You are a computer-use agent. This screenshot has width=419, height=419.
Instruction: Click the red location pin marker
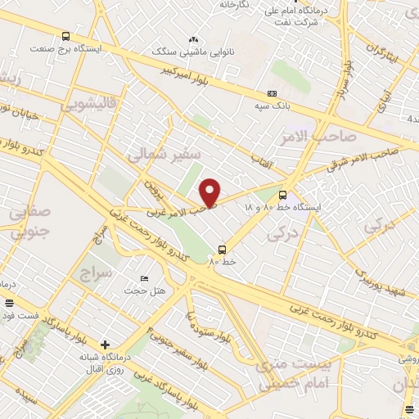coord(210,192)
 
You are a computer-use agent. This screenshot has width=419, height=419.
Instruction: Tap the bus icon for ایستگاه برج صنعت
coord(66,35)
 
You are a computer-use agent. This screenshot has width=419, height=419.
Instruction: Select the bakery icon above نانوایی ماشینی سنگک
coord(194,38)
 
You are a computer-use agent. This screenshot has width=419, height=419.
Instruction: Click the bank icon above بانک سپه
coord(273,93)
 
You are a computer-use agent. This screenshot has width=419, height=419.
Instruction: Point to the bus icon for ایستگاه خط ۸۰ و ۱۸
coord(282,195)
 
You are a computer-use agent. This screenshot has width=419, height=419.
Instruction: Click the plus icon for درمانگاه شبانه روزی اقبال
coord(104,344)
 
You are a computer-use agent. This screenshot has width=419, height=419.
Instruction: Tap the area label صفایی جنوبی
coord(30,221)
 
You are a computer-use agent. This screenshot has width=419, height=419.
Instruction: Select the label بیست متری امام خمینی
coord(295,370)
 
